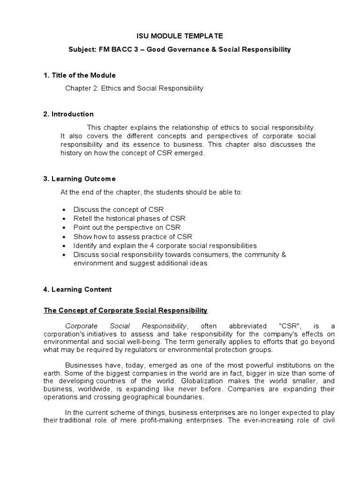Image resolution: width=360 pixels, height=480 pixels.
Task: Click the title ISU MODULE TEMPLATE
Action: tap(180, 36)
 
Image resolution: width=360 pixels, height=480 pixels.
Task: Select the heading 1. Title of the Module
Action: tap(80, 75)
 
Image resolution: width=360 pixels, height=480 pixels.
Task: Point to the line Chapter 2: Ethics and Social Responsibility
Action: tap(134, 88)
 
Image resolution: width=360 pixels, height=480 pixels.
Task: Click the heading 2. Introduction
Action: tap(68, 114)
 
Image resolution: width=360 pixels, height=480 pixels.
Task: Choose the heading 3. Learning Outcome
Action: tap(79, 179)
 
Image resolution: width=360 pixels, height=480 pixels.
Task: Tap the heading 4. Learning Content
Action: tap(78, 289)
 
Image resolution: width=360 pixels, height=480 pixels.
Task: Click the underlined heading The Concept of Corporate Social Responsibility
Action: tap(126, 310)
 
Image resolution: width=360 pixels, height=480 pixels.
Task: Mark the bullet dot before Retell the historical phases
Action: tap(63, 218)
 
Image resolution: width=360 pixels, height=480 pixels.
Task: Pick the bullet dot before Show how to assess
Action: tap(63, 237)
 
